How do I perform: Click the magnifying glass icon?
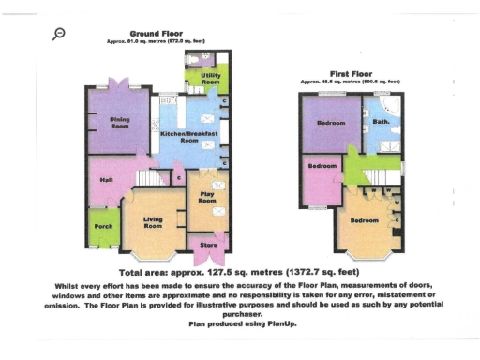point(59,33)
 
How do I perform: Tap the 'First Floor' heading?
point(352,73)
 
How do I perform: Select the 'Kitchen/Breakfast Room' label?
point(188,138)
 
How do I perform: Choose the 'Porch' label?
point(104,225)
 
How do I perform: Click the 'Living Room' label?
point(153,221)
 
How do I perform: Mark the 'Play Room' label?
point(206,196)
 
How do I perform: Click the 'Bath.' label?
point(381,123)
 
